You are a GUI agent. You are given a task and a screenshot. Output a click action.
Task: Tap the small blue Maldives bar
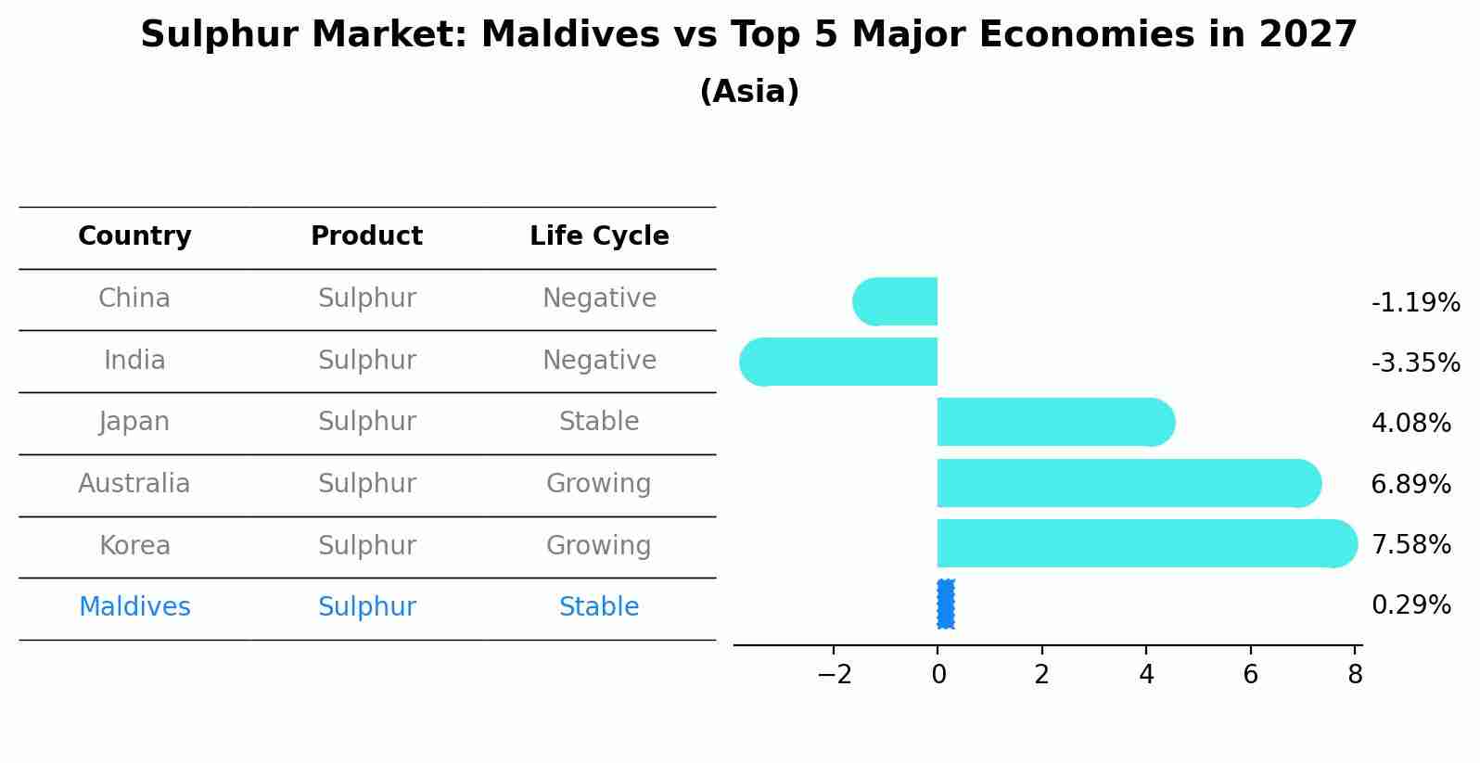945,604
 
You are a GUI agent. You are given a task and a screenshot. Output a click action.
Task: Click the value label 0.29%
1410,605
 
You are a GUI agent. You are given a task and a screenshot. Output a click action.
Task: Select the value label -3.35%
1415,362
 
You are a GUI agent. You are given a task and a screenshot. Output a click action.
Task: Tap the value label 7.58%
1410,544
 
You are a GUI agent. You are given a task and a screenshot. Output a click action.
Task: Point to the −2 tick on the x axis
834,675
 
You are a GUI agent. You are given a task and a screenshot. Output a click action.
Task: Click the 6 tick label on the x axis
1250,675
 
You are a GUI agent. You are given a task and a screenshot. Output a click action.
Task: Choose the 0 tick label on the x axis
938,675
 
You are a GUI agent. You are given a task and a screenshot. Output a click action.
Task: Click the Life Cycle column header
599,236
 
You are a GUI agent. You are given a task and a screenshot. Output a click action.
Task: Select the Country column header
134,236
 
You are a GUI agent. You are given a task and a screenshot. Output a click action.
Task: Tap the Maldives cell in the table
134,607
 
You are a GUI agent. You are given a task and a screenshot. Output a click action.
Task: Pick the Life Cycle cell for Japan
599,422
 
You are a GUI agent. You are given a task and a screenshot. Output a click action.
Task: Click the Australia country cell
134,484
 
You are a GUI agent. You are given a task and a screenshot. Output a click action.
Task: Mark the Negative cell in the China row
599,299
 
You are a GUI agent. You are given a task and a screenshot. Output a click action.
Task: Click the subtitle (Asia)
749,92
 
